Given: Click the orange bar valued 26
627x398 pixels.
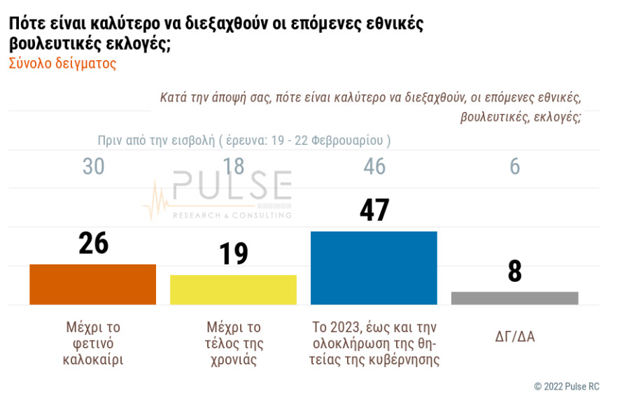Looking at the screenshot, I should coord(92,284).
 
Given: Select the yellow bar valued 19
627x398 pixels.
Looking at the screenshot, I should coord(233,290).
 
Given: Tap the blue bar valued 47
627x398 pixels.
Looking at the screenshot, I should coord(374,268).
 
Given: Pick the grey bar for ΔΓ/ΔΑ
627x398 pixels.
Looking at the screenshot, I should coord(514,298).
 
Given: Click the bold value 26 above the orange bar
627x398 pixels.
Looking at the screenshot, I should coord(93,243).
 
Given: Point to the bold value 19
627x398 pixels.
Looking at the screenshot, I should coord(234,253).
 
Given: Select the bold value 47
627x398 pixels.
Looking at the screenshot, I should coord(374,210).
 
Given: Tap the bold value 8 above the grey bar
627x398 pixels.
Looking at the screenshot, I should coord(515,271).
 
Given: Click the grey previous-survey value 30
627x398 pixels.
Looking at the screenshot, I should coord(93,166).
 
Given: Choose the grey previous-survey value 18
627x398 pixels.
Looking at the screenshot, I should coord(234,166).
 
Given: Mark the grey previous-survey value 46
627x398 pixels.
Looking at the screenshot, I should coord(374,166).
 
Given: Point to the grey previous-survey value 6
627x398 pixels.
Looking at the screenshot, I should coord(515,166).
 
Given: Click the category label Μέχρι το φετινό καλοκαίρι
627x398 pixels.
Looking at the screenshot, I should coord(93,344).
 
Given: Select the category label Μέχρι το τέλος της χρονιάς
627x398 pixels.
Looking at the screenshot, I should coord(234,344).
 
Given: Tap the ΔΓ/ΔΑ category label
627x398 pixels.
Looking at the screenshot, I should coord(514,336).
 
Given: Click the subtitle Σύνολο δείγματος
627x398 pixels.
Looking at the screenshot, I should coord(62,64).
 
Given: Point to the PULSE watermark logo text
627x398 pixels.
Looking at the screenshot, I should coord(232,186).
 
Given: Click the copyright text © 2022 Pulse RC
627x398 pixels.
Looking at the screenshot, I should coord(566,386).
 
